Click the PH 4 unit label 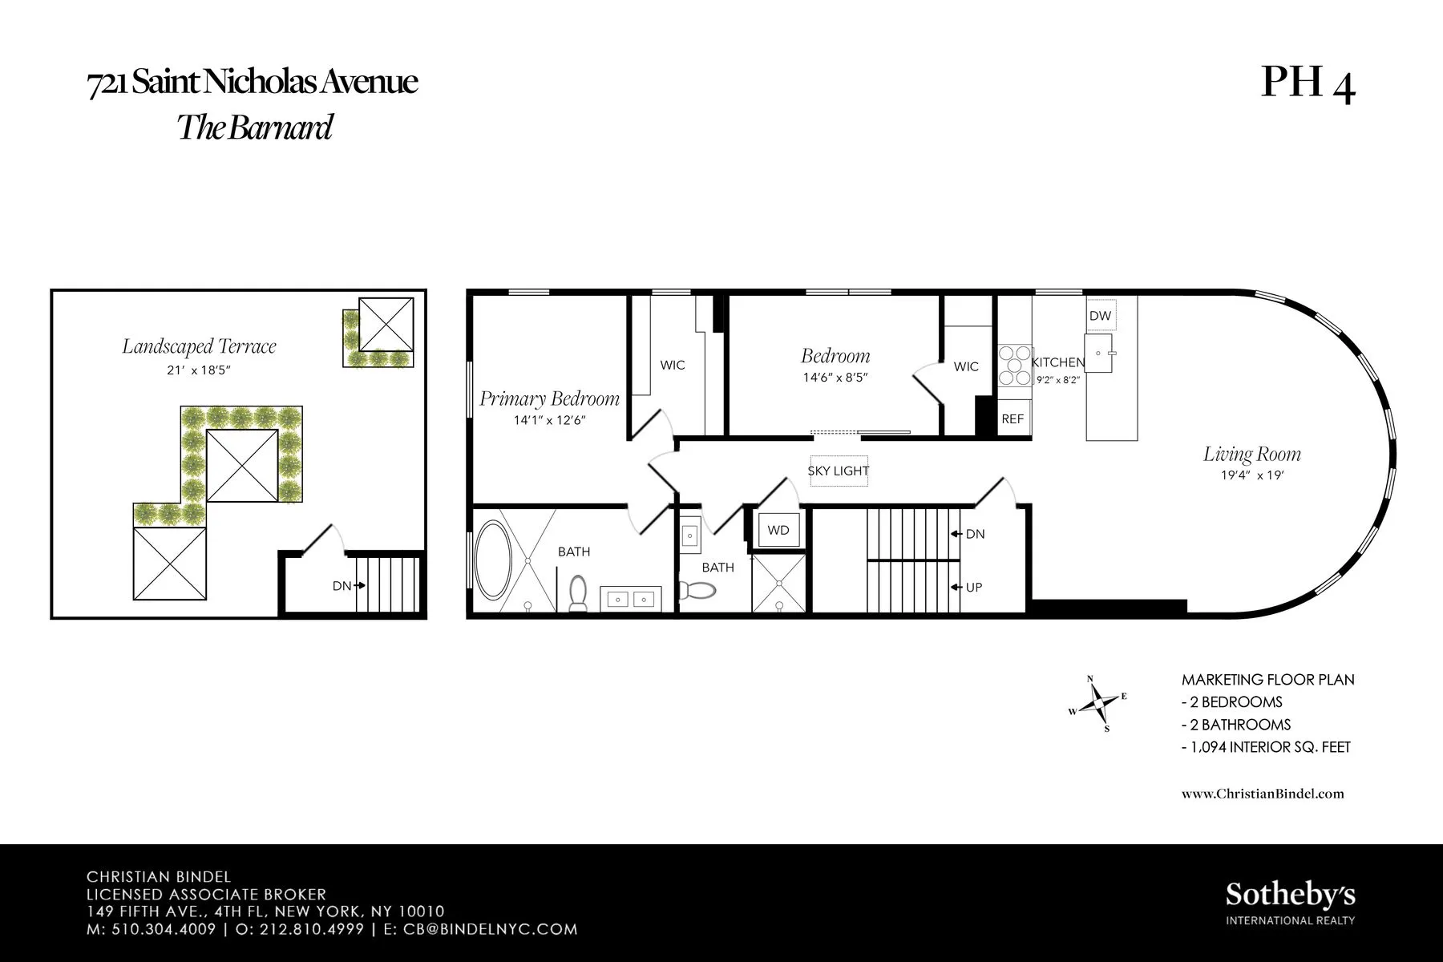point(1308,83)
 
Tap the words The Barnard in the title point(254,127)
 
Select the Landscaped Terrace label point(199,346)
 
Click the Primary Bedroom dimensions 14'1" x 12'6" point(550,419)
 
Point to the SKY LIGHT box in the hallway point(839,471)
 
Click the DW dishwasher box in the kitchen point(1100,316)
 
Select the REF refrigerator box point(1013,418)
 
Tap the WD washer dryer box point(778,530)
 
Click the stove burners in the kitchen point(1014,366)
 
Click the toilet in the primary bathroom point(577,592)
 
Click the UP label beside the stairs point(973,588)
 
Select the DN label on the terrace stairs point(342,586)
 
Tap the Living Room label point(1251,455)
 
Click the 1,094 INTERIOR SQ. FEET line point(1266,747)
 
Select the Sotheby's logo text point(1290,895)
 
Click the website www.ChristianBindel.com point(1263,794)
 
